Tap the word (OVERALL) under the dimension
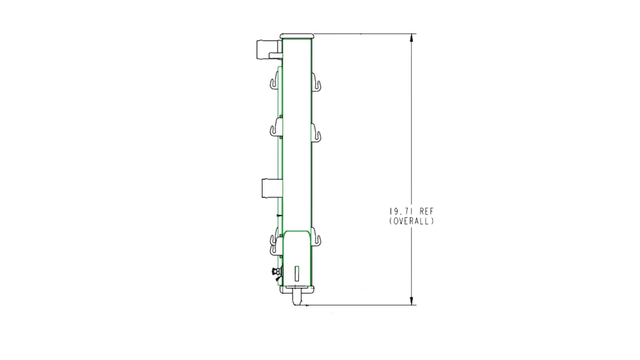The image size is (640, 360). pyautogui.click(x=412, y=221)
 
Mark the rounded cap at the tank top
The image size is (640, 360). pyautogui.click(x=297, y=36)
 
